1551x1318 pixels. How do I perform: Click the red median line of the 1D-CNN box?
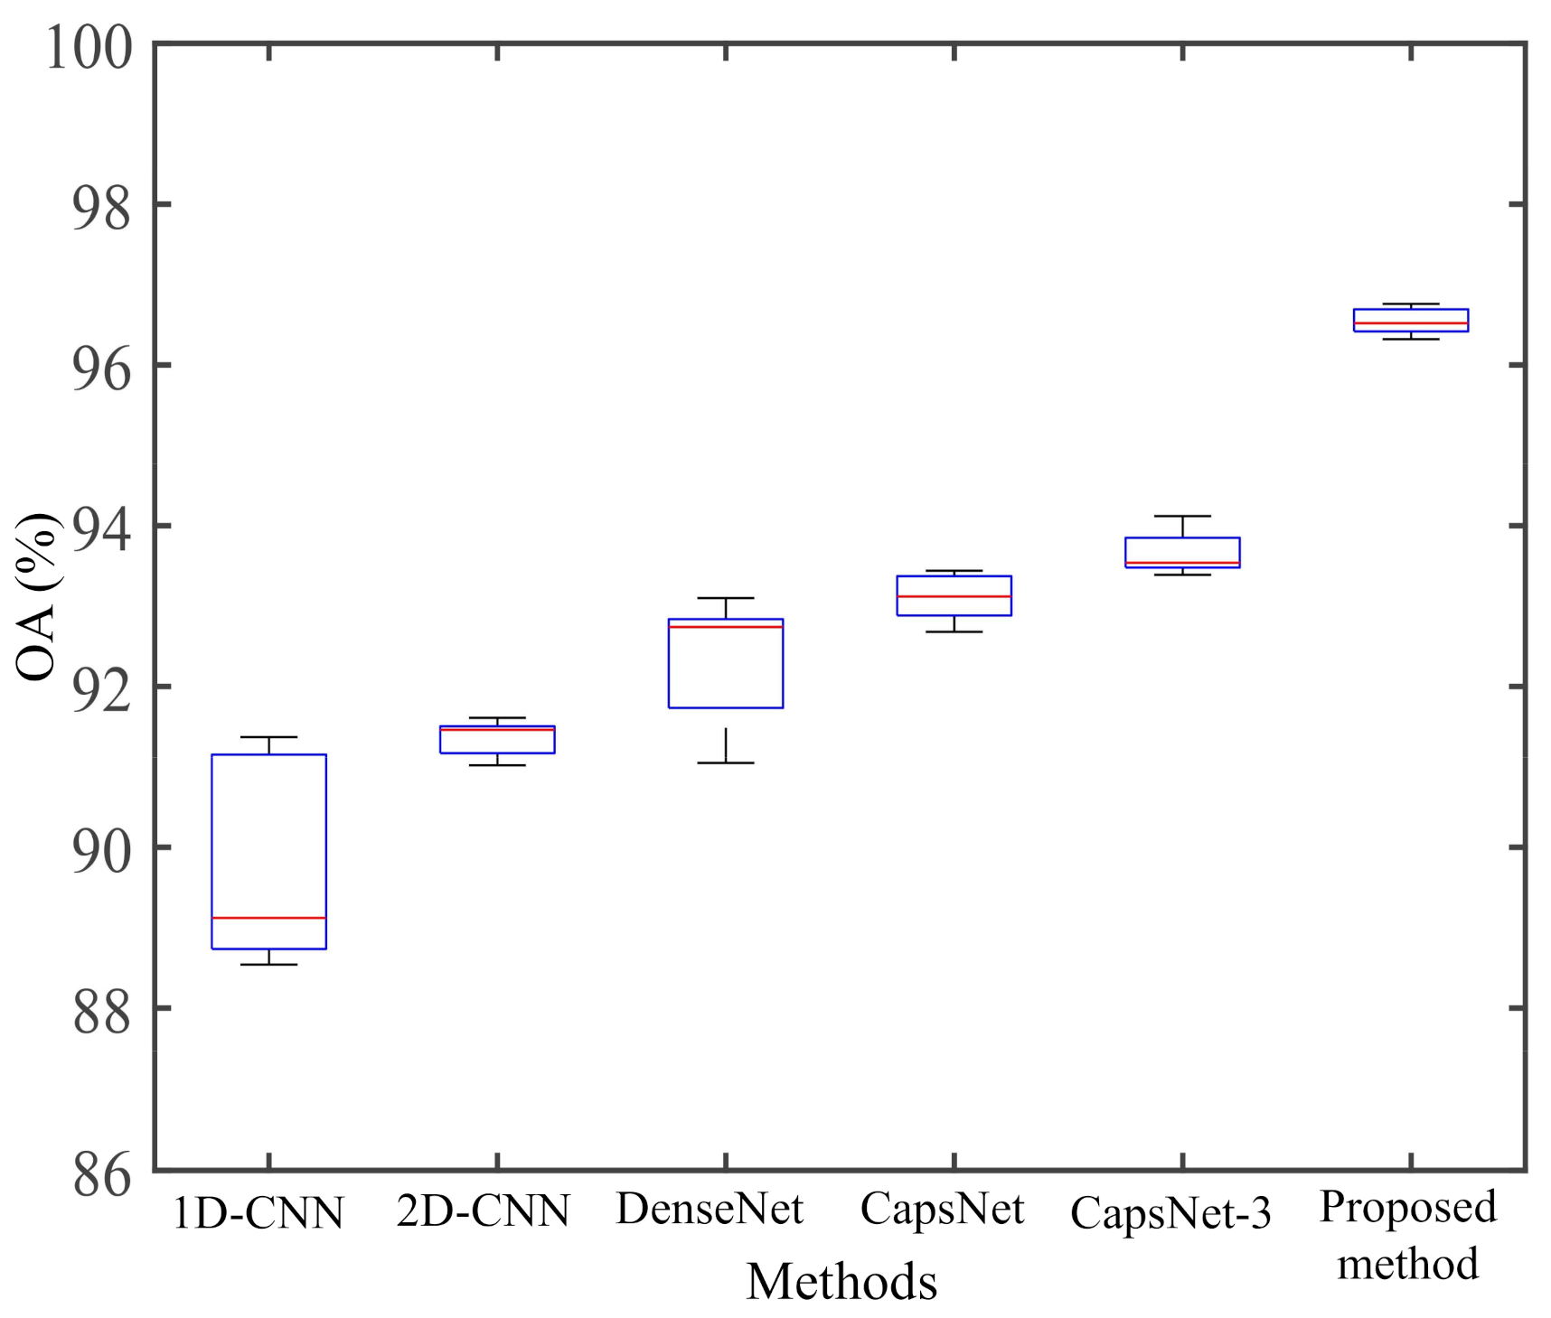point(268,918)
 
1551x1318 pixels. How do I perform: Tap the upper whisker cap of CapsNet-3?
point(1182,516)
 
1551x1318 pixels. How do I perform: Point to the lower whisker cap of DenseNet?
point(725,763)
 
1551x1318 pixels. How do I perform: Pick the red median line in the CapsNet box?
point(954,596)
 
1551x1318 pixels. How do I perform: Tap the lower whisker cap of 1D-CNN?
point(268,965)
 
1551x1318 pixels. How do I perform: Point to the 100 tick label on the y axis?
point(89,47)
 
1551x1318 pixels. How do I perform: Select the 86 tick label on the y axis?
point(101,1176)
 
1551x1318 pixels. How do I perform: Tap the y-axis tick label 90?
point(101,852)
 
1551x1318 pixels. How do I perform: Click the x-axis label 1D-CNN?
point(258,1213)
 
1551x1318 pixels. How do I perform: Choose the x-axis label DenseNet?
point(710,1209)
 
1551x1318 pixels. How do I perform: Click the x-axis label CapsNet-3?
point(1170,1213)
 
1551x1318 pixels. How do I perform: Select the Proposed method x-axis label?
point(1408,1235)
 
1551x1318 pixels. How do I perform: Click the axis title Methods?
point(841,1281)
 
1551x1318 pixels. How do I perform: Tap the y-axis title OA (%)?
point(38,596)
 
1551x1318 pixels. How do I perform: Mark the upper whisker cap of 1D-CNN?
point(268,737)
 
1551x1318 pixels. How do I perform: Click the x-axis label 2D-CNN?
point(484,1211)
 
